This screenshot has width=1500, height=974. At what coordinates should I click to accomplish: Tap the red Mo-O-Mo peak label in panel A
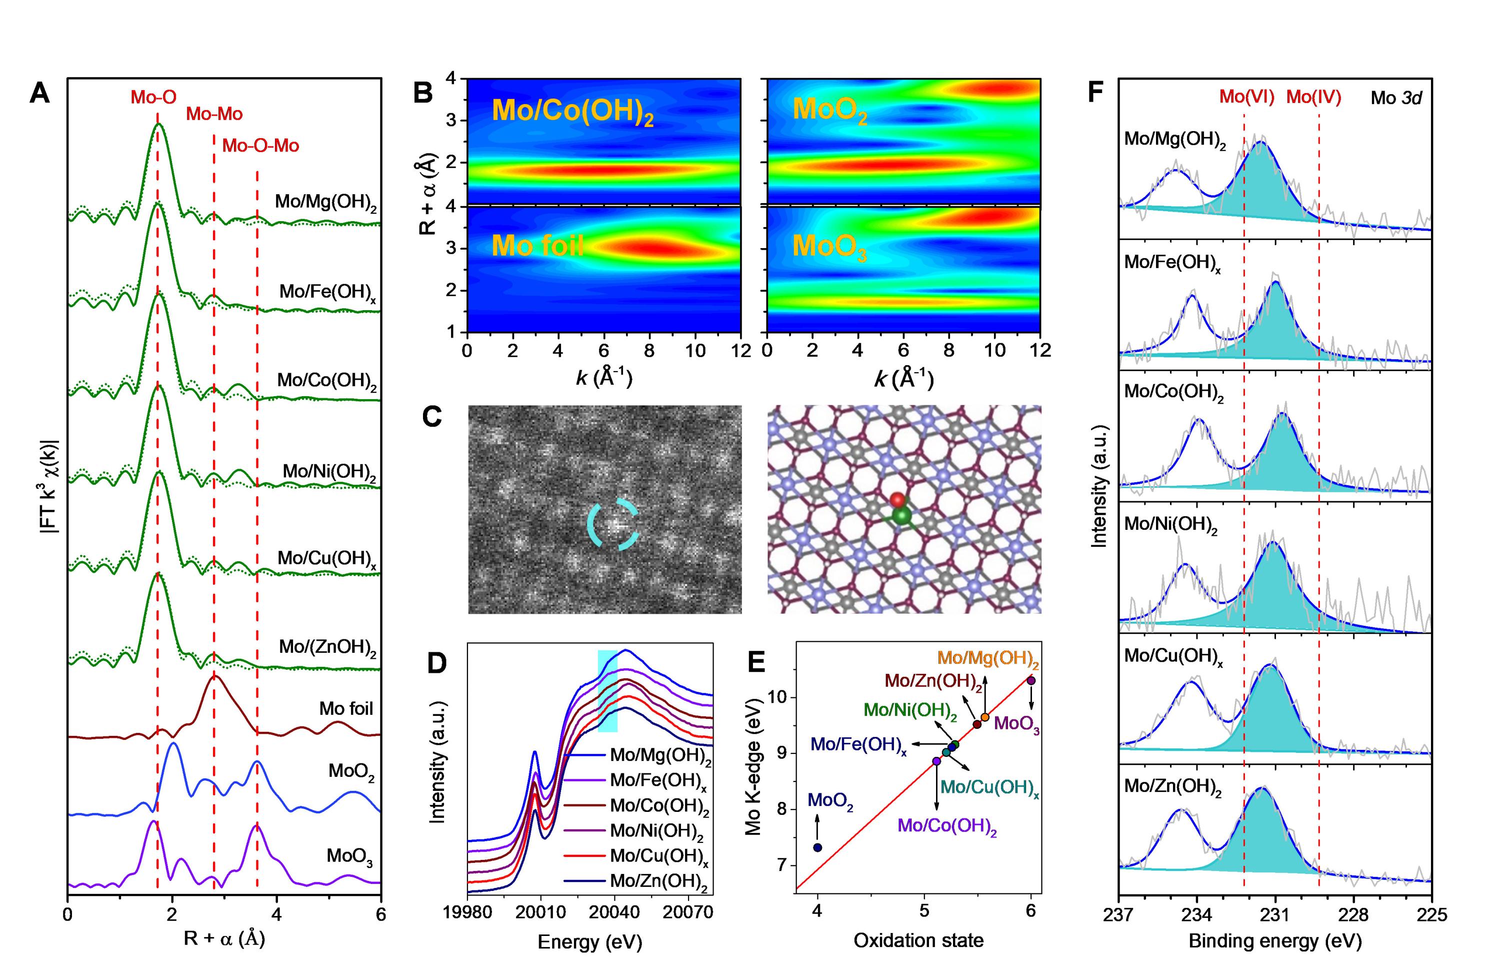point(260,146)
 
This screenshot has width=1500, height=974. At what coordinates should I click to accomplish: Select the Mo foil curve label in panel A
point(346,708)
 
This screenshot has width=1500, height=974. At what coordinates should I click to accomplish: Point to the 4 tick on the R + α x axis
point(276,914)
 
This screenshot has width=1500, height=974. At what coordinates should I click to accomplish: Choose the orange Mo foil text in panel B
point(537,246)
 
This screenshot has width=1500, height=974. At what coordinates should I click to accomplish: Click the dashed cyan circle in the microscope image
point(613,524)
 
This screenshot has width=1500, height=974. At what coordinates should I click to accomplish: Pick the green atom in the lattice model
point(902,516)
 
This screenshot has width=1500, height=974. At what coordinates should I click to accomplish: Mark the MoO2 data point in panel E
point(817,847)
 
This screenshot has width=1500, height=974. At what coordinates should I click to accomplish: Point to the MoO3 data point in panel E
point(1031,680)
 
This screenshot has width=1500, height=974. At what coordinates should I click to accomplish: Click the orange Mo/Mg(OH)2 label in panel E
point(988,659)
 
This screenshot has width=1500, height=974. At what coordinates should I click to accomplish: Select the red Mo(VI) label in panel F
point(1246,97)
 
